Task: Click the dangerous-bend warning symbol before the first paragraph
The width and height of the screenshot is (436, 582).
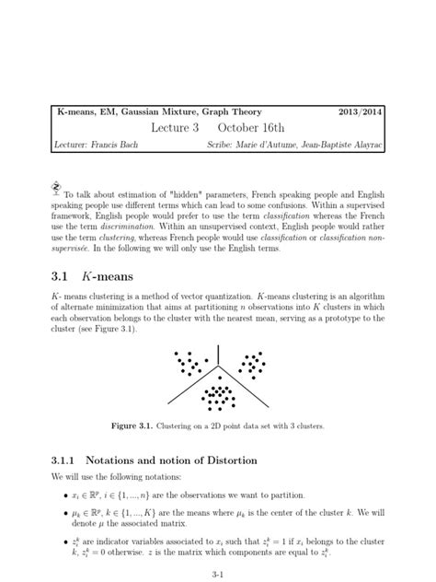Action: [55, 183]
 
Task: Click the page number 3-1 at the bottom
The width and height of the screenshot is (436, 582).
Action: [218, 569]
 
